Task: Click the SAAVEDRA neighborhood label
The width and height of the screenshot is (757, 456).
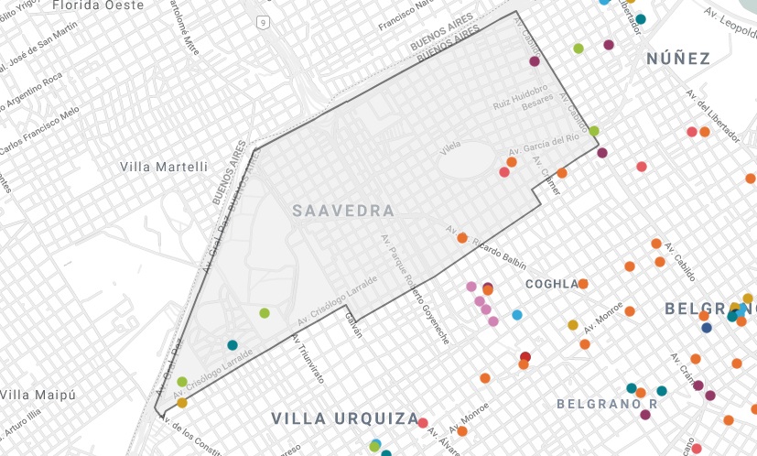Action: tap(343, 211)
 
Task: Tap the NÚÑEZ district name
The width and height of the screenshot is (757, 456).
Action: tap(678, 59)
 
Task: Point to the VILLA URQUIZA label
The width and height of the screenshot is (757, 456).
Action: tap(344, 418)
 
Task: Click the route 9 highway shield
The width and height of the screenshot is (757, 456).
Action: tap(263, 20)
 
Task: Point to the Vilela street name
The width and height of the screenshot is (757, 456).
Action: tap(449, 147)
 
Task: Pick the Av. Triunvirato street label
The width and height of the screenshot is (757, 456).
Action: tap(308, 357)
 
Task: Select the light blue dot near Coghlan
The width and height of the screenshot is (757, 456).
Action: tap(517, 315)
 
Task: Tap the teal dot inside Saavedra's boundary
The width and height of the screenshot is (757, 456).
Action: tap(233, 345)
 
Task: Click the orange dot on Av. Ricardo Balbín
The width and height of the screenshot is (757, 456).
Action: tap(462, 238)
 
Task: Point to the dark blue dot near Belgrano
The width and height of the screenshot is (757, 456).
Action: tap(707, 328)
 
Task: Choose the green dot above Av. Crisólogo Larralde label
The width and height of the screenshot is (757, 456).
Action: tap(265, 313)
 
